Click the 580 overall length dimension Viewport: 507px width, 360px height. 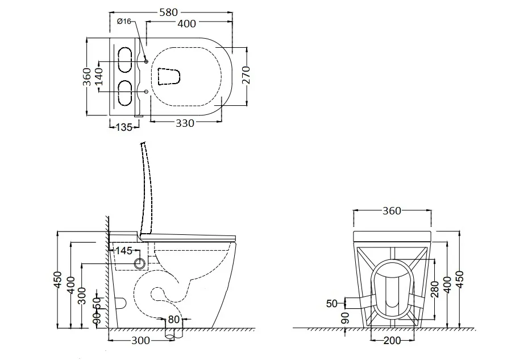coord(169,13)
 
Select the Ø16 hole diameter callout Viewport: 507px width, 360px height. coord(124,22)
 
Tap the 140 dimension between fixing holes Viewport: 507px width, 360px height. coord(99,76)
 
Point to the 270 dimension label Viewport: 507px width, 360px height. coord(246,75)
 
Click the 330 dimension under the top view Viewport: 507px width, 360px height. coord(185,123)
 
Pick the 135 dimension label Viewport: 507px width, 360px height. coord(124,127)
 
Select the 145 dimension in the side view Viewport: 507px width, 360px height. coord(124,250)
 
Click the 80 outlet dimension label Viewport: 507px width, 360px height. coord(173,319)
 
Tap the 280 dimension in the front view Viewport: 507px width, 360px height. coord(435,289)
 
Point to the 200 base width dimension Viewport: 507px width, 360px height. coord(392,340)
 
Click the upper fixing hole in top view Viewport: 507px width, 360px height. coord(146,61)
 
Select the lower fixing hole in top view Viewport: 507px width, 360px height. coord(146,92)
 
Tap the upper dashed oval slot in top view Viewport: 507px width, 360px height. coord(125,60)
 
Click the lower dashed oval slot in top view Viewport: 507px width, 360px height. coord(125,93)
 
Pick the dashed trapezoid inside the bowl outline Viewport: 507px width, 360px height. coord(168,77)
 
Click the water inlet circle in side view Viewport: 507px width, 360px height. coord(140,264)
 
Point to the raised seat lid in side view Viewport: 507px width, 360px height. coord(147,188)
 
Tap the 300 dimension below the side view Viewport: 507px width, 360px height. coord(140,340)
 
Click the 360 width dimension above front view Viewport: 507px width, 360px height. coord(392,211)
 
